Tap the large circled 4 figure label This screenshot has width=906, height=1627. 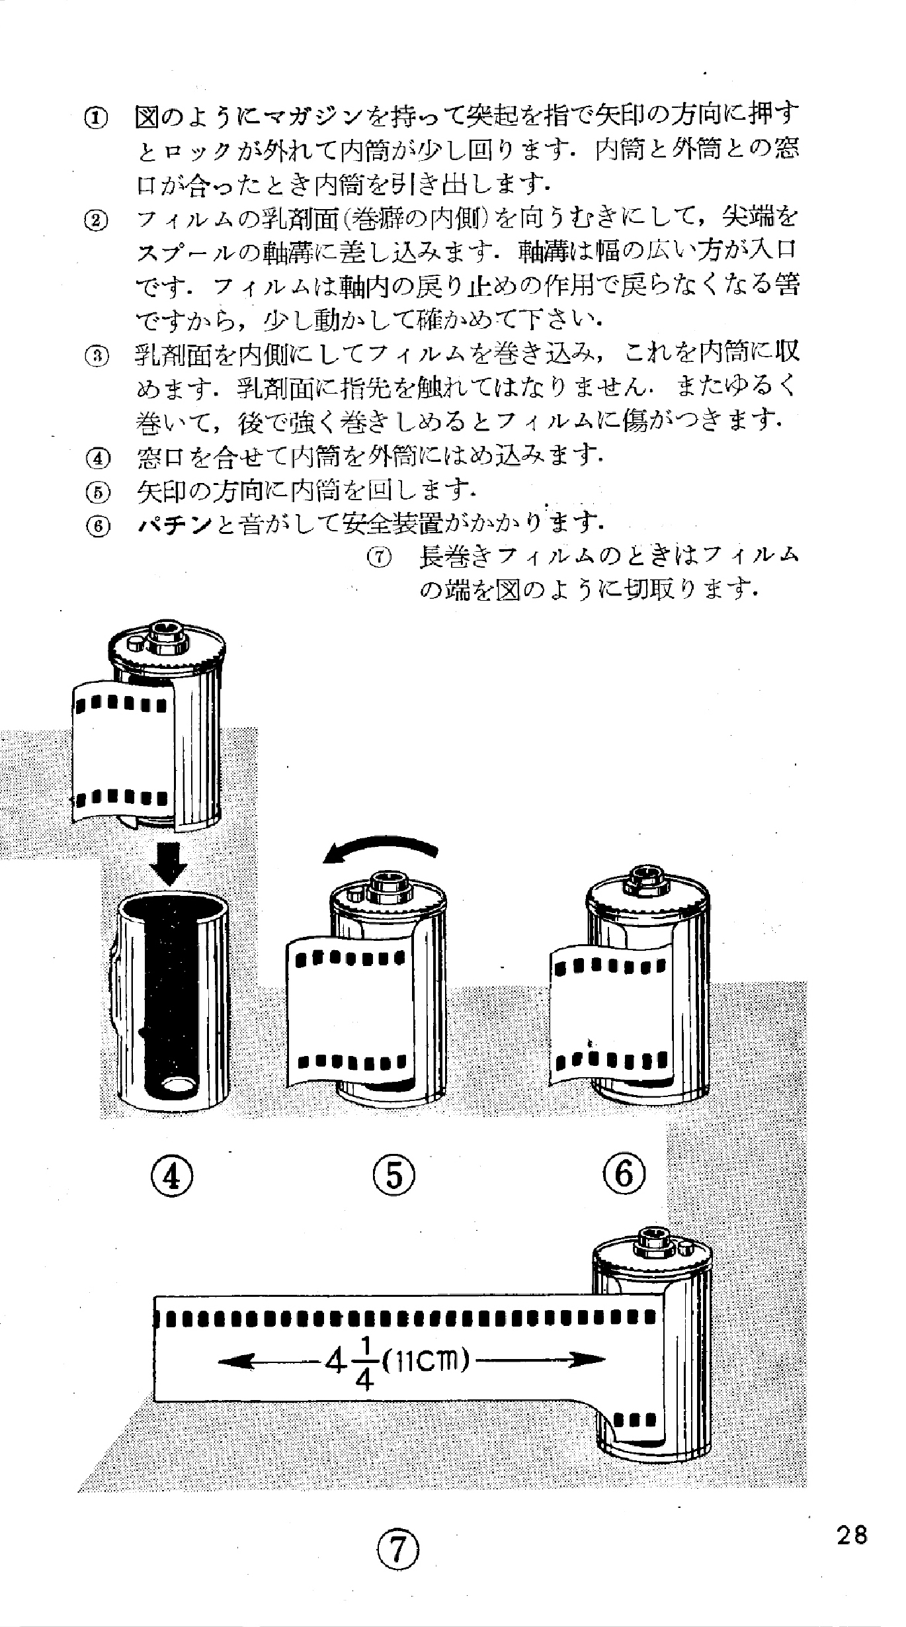(171, 1176)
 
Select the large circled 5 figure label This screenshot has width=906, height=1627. (394, 1176)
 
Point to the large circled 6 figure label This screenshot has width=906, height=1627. (624, 1176)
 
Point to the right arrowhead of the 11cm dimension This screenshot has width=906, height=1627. (592, 1361)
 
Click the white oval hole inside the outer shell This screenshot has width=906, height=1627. (179, 1084)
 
